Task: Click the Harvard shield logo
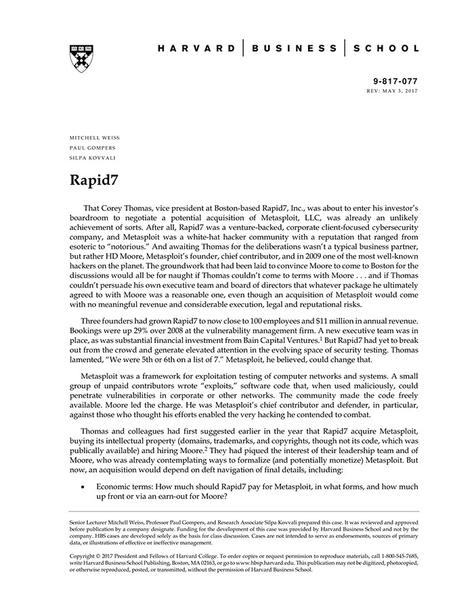81,59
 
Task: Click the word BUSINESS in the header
294,49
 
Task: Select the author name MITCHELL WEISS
95,137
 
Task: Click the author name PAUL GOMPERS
92,147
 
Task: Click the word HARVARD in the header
196,49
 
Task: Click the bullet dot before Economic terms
83,486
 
